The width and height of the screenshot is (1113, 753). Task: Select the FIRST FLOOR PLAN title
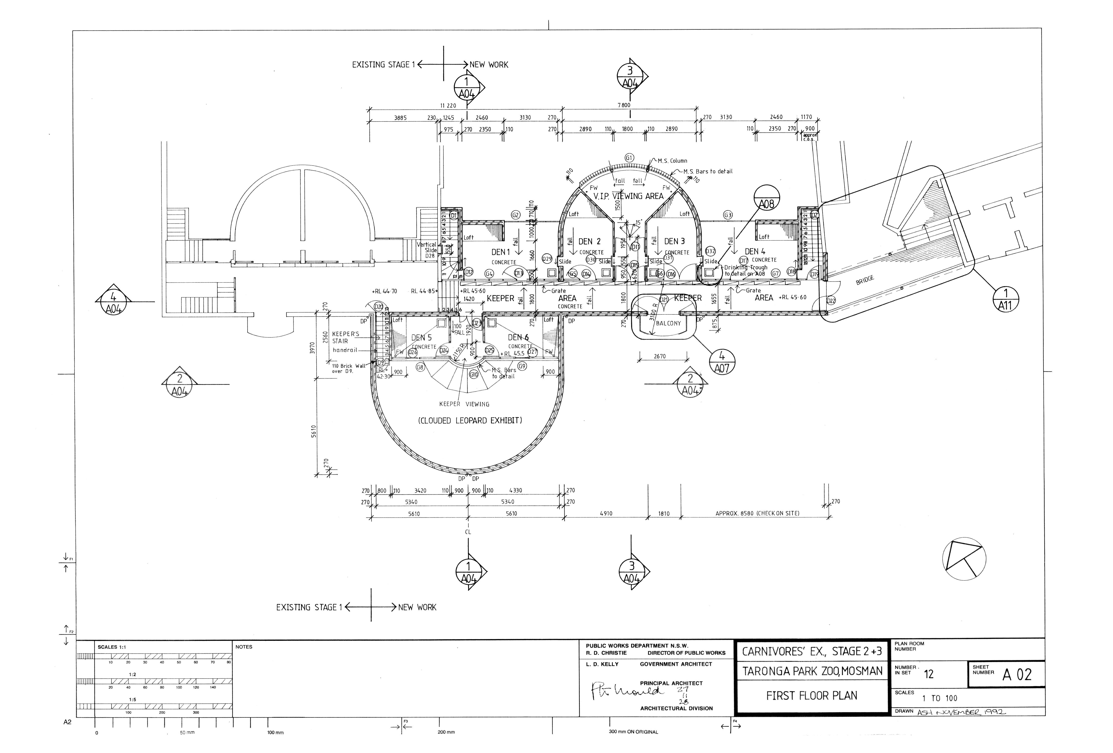click(x=812, y=696)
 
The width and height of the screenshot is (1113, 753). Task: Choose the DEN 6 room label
click(x=518, y=337)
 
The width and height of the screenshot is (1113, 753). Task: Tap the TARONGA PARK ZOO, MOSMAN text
click(x=812, y=671)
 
